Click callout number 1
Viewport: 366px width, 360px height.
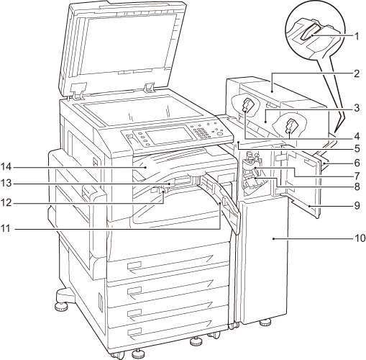pos(357,37)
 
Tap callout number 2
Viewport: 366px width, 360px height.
pos(357,73)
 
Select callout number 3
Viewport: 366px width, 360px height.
pos(357,108)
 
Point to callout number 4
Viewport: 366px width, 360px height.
pos(357,136)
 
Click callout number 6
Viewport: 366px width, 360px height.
pos(357,163)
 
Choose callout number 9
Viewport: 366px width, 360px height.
pos(357,205)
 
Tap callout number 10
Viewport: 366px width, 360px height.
pos(360,238)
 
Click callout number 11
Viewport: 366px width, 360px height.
pos(6,228)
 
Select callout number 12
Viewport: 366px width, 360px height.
pos(6,203)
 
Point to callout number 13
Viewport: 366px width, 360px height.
pos(6,184)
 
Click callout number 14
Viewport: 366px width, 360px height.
pos(6,166)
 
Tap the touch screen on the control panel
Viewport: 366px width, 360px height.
pos(170,135)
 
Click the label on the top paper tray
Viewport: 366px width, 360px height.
pos(134,266)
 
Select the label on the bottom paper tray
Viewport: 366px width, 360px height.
pos(134,332)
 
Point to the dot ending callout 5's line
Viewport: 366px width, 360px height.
pos(239,143)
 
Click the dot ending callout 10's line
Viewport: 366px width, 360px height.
pos(273,238)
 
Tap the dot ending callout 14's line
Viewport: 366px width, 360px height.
pos(145,167)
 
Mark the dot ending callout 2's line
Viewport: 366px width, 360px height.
pos(272,91)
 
